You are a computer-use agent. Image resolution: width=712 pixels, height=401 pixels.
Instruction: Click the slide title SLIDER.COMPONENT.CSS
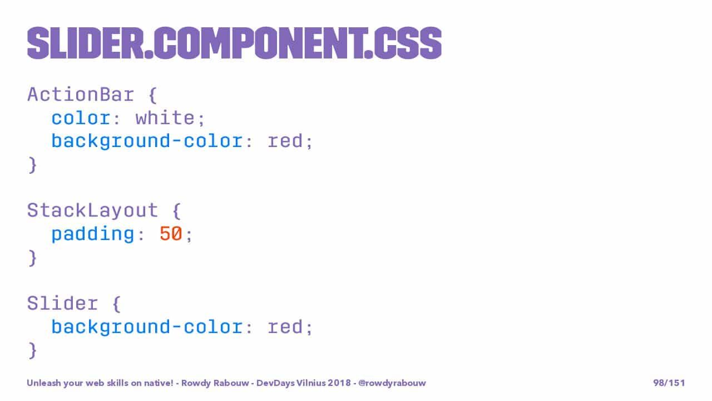tap(234, 43)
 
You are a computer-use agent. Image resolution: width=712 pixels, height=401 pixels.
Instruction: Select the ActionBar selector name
tap(81, 95)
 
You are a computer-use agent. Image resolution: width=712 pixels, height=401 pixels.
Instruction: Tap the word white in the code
tap(165, 118)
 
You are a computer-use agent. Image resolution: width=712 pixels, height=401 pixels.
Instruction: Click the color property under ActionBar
tap(81, 119)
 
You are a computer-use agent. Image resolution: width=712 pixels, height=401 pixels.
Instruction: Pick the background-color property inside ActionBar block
tap(147, 141)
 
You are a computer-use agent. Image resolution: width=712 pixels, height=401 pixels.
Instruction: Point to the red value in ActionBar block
tap(285, 141)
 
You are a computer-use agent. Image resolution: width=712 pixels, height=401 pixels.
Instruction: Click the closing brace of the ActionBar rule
tap(32, 165)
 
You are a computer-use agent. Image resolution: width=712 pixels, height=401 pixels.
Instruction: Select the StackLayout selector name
tap(92, 211)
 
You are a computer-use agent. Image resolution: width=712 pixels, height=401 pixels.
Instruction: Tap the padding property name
tap(93, 234)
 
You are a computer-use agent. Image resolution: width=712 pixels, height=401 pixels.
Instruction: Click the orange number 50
tap(171, 233)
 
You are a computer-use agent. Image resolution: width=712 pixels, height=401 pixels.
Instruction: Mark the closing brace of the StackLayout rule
tap(32, 258)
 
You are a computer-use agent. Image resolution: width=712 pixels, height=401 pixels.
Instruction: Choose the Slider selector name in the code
tap(63, 304)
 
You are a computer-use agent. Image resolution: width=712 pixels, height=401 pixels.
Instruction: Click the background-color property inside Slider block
tap(147, 327)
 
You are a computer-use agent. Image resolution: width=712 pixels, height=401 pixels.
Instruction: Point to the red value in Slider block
tap(285, 327)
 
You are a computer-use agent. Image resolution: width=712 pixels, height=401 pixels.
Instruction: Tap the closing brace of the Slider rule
tap(32, 351)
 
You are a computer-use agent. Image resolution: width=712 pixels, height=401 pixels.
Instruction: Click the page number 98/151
tap(669, 383)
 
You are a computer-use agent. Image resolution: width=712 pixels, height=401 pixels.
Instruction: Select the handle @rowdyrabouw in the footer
tap(392, 383)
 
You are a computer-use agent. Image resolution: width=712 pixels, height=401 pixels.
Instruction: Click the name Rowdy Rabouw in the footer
tap(215, 383)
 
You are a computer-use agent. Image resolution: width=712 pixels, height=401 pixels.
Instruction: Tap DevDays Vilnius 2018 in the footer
tap(304, 383)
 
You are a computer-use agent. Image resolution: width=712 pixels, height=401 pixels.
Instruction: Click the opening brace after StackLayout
tap(177, 211)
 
